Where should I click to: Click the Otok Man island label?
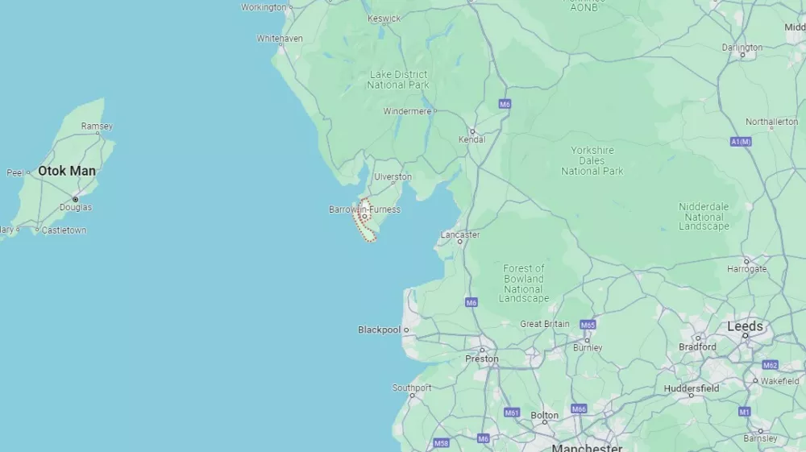point(67,171)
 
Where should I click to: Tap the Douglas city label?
point(76,207)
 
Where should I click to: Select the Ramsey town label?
point(97,126)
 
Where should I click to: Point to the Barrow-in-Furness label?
point(364,209)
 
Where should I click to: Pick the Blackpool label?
point(379,330)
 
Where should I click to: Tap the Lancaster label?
point(460,235)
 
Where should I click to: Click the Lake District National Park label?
point(398,79)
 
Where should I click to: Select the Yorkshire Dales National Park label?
point(592,160)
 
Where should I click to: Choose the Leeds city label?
point(745,326)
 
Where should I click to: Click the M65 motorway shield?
point(588,325)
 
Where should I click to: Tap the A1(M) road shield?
point(740,142)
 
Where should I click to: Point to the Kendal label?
point(472,139)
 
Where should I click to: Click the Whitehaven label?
point(280,38)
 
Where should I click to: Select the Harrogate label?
point(746,268)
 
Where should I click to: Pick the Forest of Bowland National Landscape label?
point(524,284)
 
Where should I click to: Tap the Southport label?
point(412,388)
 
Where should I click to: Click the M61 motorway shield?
point(512,413)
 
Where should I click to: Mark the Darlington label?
point(742,48)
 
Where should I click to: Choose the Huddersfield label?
point(692,388)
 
